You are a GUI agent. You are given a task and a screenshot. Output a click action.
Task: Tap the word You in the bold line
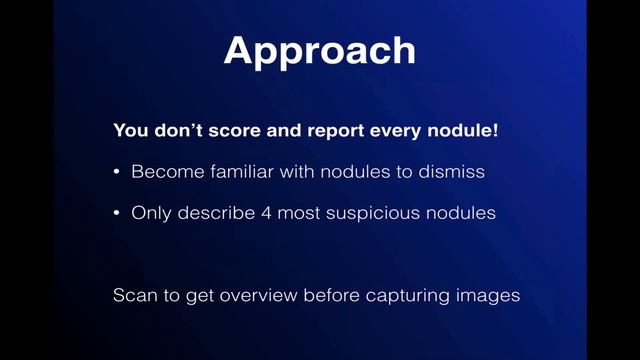point(131,130)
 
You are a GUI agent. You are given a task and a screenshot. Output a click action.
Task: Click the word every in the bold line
point(371,130)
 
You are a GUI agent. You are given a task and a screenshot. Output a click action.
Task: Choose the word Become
point(163,172)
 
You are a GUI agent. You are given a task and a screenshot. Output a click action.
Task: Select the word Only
point(150,213)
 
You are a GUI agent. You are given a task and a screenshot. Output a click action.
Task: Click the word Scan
point(132,296)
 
